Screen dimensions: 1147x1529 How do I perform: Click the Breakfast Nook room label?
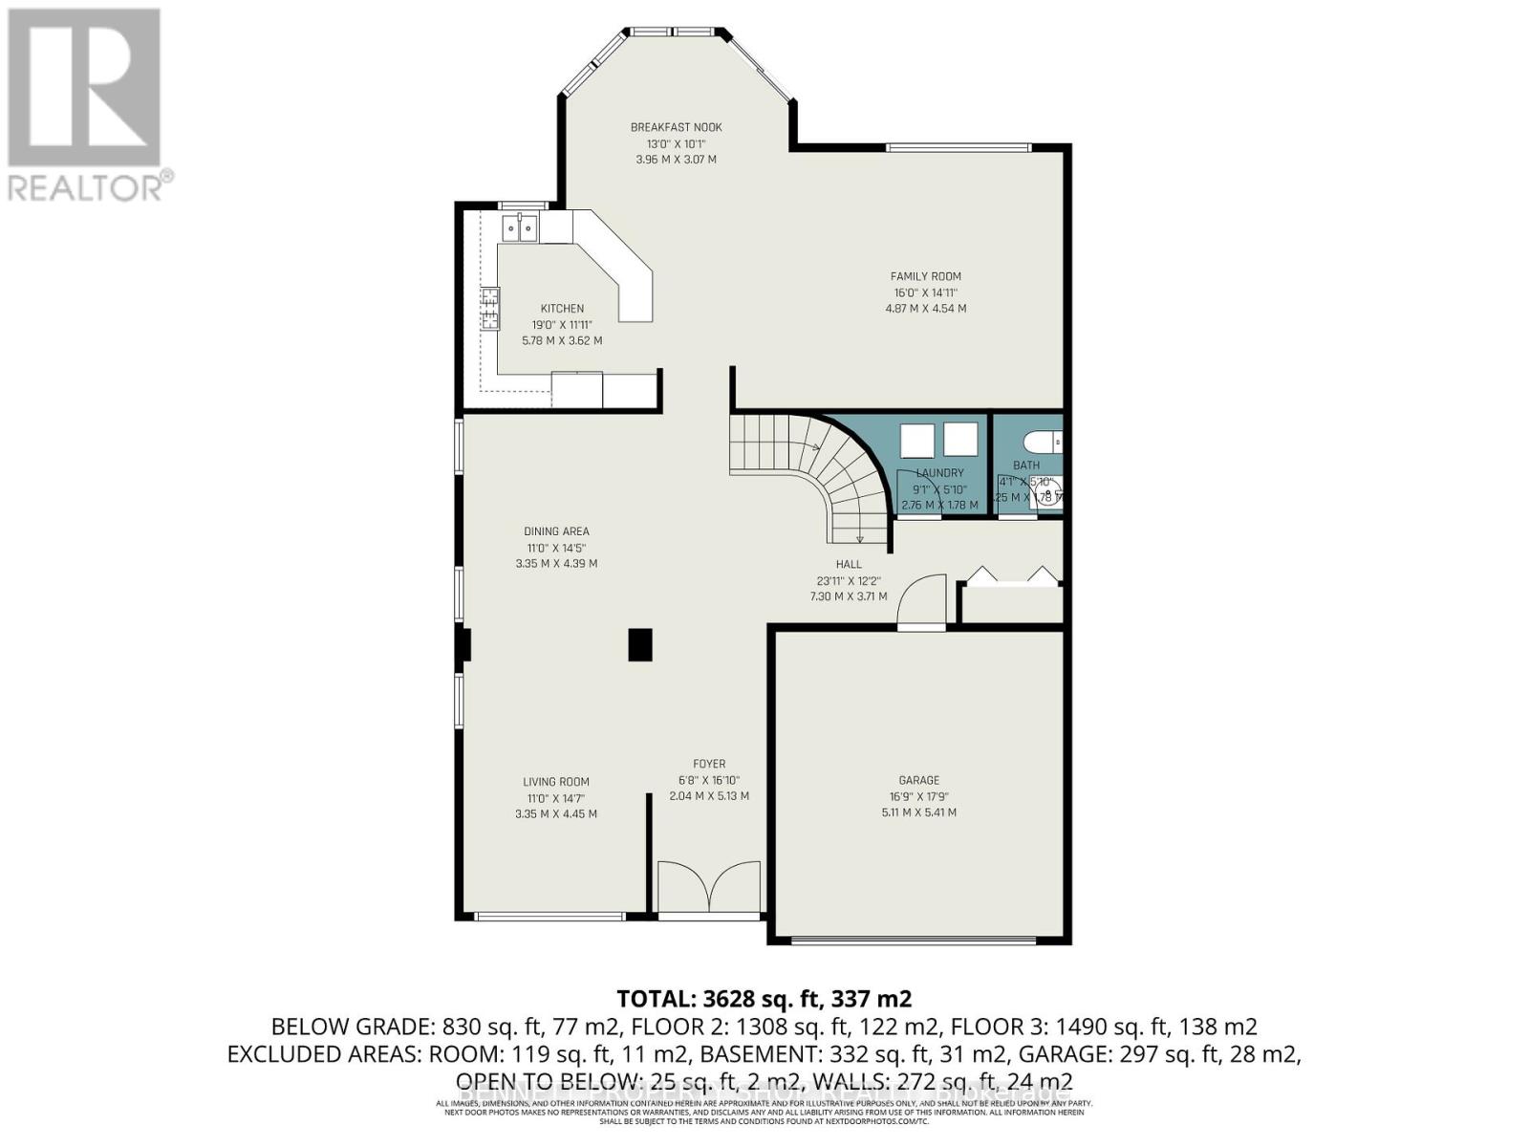click(x=676, y=127)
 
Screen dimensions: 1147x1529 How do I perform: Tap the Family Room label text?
click(x=925, y=276)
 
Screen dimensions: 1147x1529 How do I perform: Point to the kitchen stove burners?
click(x=489, y=309)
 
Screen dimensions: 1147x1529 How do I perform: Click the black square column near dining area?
click(x=640, y=644)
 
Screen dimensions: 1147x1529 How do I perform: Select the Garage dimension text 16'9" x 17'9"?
click(x=918, y=796)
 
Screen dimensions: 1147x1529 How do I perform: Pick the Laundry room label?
click(x=939, y=472)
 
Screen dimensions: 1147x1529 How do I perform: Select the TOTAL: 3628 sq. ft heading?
click(x=764, y=999)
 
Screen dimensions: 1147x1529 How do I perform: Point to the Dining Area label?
click(x=556, y=531)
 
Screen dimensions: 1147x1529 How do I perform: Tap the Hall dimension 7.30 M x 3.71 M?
click(x=848, y=596)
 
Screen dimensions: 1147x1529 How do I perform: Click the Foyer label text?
click(x=709, y=764)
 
